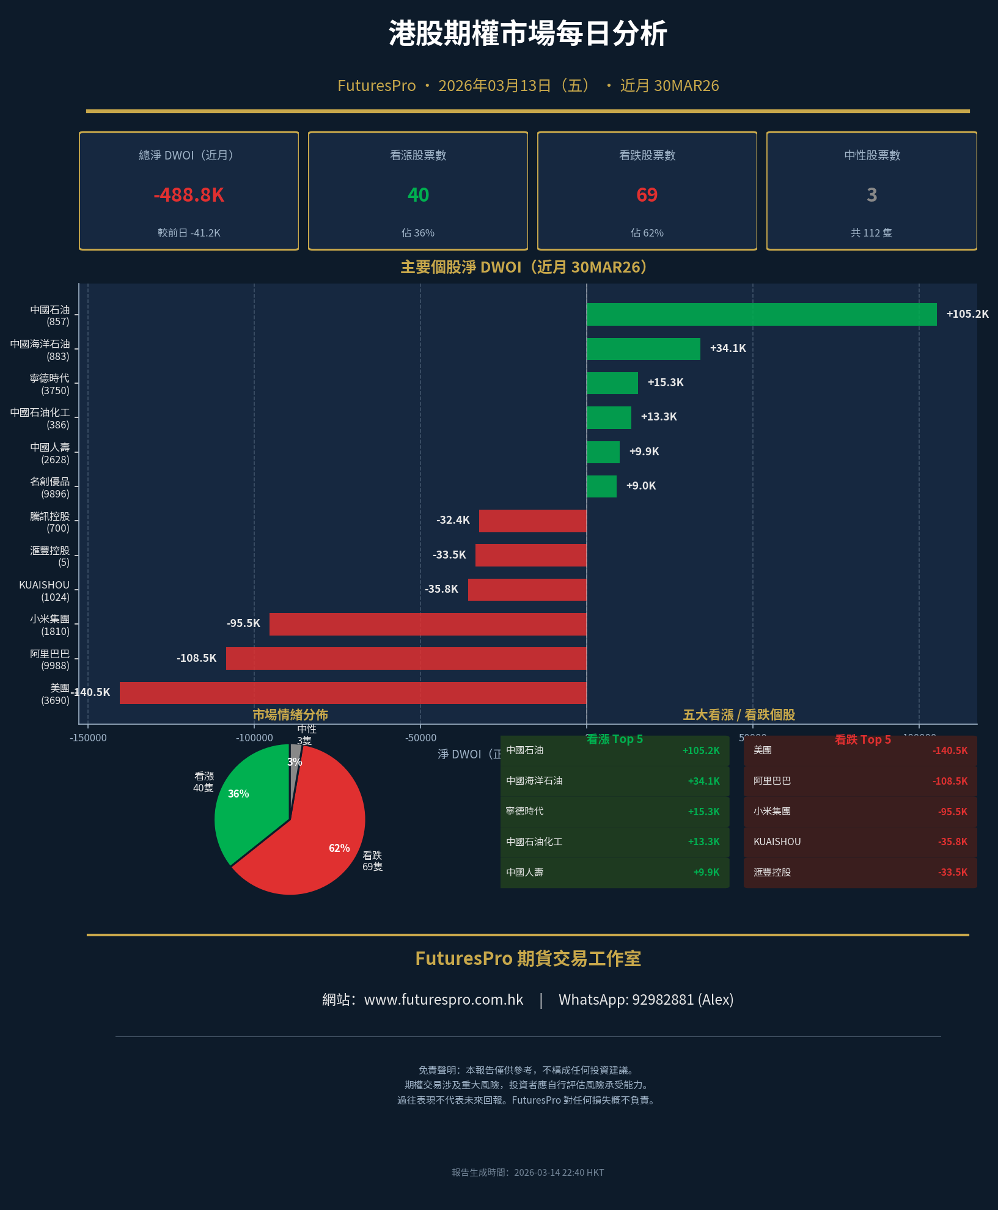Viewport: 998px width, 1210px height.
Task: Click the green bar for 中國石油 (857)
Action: (x=761, y=314)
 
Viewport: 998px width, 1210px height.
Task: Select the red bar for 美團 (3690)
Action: (x=353, y=693)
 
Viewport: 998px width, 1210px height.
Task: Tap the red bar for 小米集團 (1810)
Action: (x=428, y=624)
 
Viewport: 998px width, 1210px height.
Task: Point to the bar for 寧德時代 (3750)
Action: (x=612, y=383)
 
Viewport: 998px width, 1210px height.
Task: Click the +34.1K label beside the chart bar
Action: (x=728, y=348)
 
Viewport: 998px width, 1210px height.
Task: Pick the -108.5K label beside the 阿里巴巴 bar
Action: (x=197, y=658)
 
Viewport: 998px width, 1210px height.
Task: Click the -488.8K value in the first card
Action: (x=189, y=195)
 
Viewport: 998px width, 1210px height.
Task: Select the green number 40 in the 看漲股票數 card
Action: (x=418, y=195)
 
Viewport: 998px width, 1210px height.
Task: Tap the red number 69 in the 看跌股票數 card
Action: (x=647, y=195)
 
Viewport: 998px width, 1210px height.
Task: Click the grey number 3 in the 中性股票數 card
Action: (x=871, y=195)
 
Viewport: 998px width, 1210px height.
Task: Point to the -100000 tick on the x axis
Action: (x=254, y=738)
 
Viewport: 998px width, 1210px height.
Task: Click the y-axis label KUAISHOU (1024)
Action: (x=44, y=591)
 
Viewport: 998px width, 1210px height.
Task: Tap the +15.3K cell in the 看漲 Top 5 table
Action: (x=703, y=812)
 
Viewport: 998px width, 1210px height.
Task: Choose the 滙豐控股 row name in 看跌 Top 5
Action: (x=772, y=873)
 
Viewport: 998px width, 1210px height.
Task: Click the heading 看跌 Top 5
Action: (x=862, y=739)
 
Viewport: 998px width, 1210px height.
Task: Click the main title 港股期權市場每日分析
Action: (x=527, y=34)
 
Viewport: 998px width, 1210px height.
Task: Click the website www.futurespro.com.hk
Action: (x=444, y=1000)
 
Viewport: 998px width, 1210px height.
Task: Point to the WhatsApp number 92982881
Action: (x=662, y=1000)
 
